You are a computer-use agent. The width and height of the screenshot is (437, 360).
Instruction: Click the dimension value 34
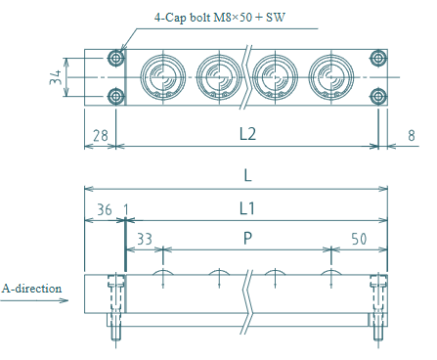point(56,77)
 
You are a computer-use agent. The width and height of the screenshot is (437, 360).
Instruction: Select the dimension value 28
point(101,136)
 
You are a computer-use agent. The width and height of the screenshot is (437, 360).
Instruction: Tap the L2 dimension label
point(247,134)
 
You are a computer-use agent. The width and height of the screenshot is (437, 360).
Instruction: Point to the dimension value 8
point(412,136)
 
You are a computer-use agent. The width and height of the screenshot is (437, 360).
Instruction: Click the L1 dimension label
point(246,208)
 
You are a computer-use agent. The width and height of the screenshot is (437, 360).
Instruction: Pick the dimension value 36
point(105,209)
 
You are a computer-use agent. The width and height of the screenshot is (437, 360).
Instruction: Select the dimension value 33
point(145,239)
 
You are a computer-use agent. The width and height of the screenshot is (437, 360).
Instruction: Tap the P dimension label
point(247,238)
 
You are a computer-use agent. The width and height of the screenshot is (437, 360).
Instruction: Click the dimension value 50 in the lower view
point(359,239)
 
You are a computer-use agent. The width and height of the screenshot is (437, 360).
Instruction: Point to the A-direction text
point(31,289)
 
